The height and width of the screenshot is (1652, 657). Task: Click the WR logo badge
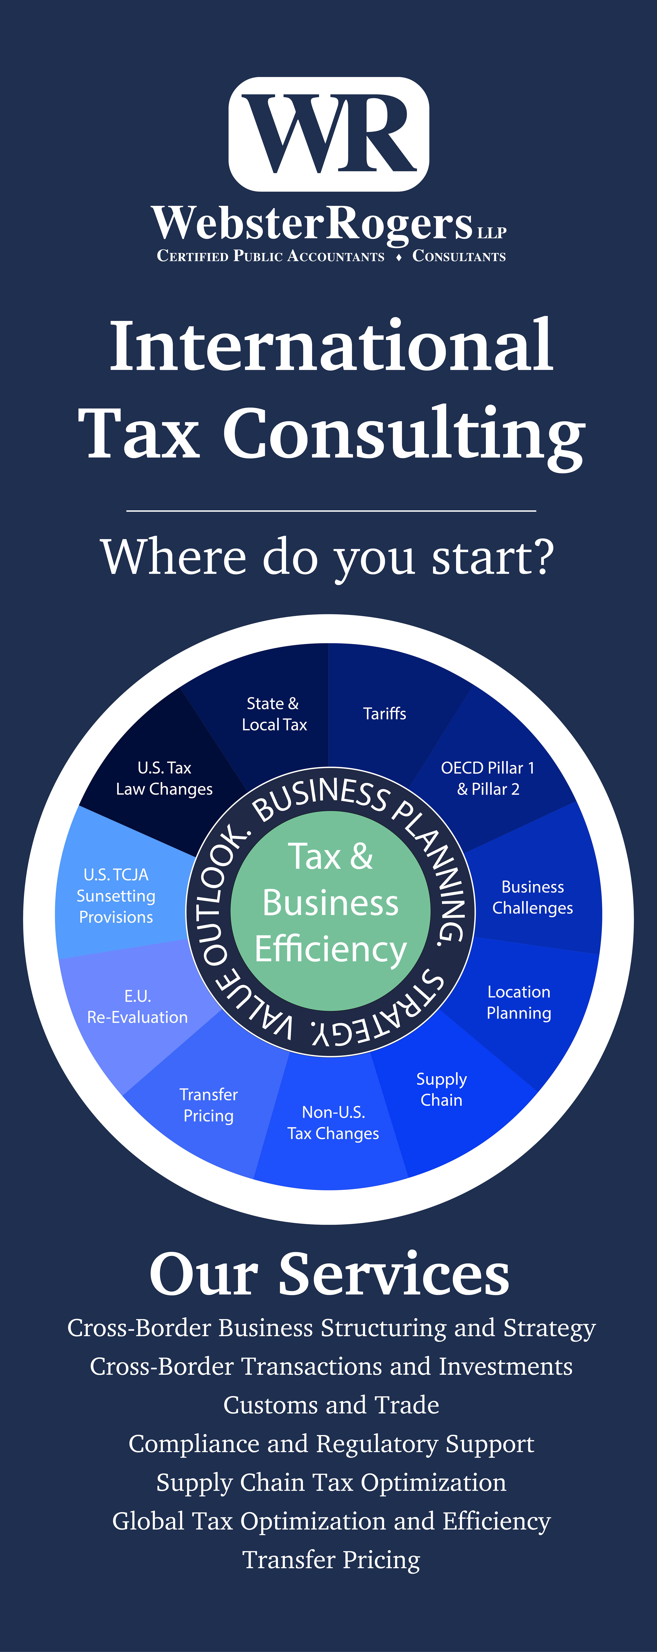point(328,134)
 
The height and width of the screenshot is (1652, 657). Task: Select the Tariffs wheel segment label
point(384,714)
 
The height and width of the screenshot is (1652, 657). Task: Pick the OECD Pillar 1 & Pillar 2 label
point(488,779)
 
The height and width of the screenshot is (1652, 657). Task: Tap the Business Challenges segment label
point(532,897)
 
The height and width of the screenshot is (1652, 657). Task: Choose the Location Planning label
point(518,1002)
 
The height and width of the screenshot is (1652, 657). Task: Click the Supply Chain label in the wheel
point(441,1090)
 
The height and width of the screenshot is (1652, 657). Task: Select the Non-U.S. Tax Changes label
point(333,1123)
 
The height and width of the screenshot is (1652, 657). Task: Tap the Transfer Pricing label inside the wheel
point(209,1105)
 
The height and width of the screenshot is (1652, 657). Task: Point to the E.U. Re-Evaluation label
point(137,1007)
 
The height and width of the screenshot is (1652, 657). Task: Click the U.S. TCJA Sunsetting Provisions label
point(116,896)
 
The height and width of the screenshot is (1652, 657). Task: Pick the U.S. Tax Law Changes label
point(164,779)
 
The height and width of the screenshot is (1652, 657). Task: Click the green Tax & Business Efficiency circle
point(330,911)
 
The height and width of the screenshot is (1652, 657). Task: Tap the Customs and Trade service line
point(331,1405)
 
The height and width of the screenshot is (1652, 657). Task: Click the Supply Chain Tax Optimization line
point(331,1483)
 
